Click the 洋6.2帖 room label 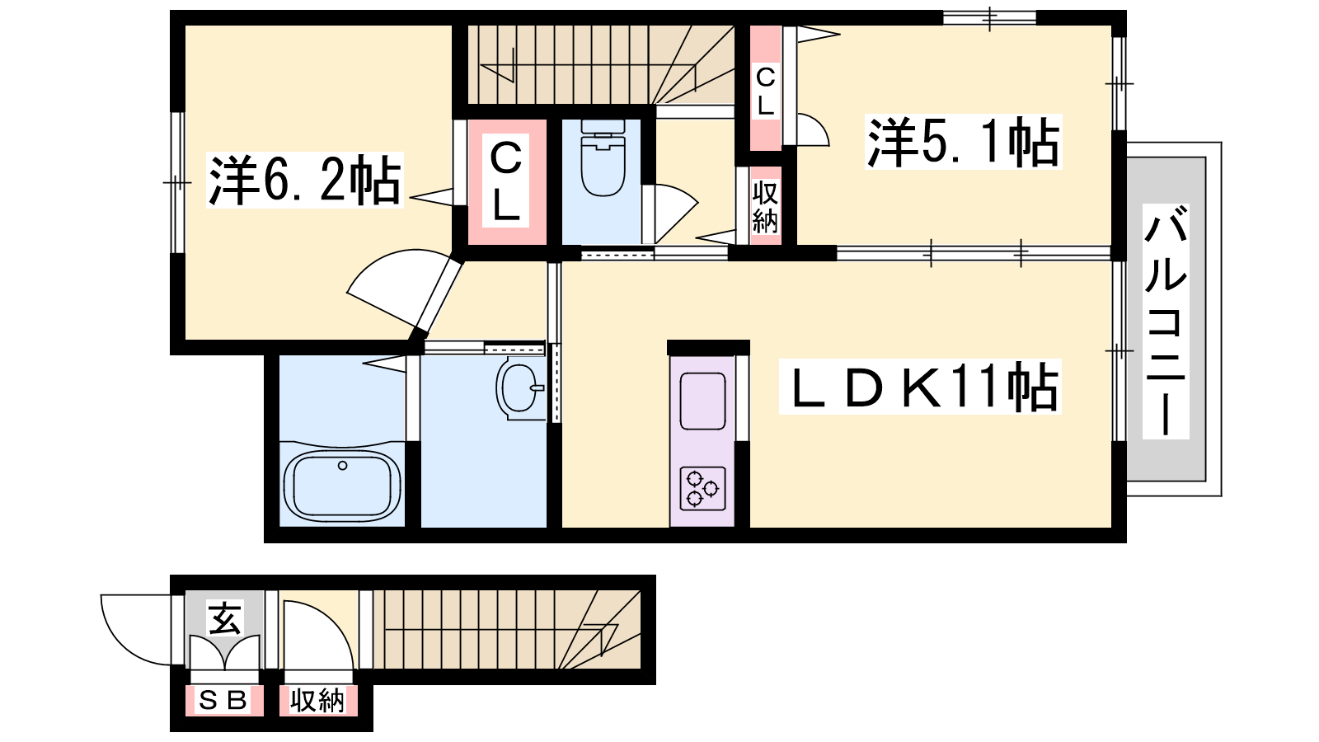point(304,180)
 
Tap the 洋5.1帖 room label point(964,142)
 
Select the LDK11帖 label point(920,387)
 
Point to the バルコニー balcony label point(1166,322)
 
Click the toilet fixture point(603,157)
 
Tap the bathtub point(343,486)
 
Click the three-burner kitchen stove point(703,488)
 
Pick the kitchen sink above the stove point(702,401)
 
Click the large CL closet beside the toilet point(506,181)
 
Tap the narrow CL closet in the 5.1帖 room point(765,88)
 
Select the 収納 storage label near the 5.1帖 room point(765,207)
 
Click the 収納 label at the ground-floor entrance point(317,701)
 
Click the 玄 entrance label point(224,618)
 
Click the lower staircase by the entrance point(506,630)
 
